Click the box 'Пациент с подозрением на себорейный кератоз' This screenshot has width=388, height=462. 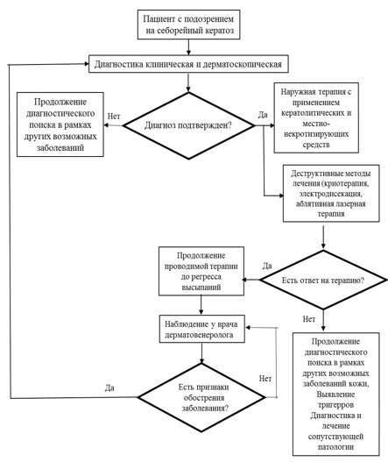point(188,25)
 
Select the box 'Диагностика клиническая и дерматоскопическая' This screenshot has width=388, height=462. point(188,64)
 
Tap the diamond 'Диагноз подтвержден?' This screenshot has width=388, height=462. point(188,125)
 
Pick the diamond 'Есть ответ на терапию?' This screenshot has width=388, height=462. point(323,280)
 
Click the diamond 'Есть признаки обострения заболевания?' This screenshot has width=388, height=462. point(201,397)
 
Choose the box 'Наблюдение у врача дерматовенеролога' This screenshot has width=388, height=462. point(202,329)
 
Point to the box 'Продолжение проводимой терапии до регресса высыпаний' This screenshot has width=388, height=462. point(201,271)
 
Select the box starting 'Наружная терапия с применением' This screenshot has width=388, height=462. point(316,117)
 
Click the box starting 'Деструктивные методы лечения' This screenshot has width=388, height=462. point(331,193)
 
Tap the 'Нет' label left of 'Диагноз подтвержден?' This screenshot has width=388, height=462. point(114,117)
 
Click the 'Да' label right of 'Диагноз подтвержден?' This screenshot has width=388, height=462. point(263,115)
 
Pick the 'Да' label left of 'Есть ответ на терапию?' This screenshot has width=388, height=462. point(267,266)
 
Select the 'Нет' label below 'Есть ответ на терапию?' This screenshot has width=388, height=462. point(309,319)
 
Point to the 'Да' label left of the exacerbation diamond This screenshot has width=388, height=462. point(109,387)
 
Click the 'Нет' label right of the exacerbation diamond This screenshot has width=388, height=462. point(265,379)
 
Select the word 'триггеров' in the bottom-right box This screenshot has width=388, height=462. point(336,405)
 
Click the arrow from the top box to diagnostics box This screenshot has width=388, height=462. point(188,46)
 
